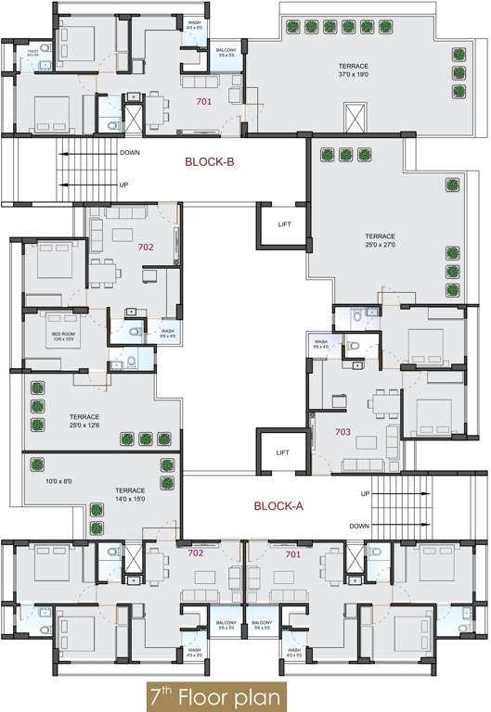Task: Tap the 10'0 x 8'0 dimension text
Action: click(58, 480)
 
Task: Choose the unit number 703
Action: click(342, 432)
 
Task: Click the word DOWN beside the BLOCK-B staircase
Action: click(130, 153)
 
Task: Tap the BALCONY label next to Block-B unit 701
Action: click(226, 53)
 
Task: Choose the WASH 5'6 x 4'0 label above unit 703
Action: click(321, 344)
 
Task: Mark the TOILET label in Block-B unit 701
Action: click(32, 53)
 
